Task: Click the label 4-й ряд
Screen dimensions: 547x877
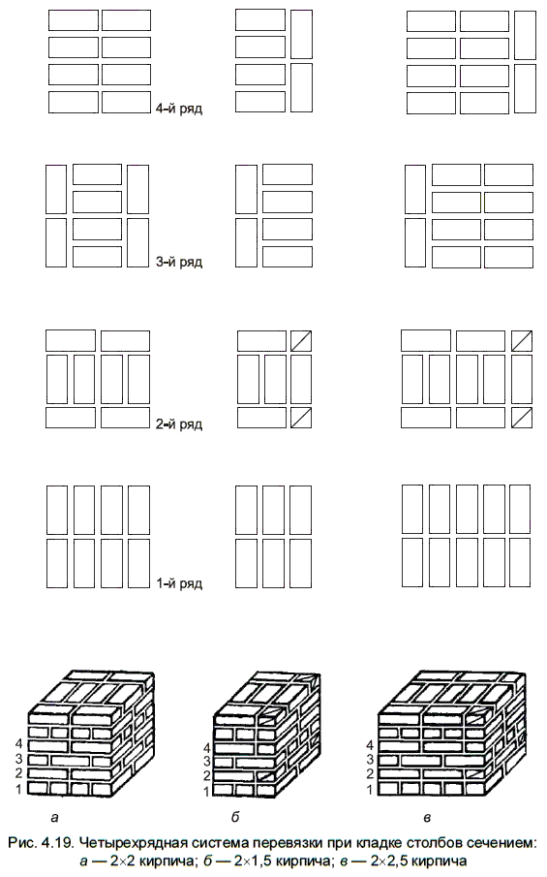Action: (179, 109)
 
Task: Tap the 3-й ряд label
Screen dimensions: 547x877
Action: (179, 262)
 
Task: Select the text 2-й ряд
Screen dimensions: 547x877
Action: (179, 423)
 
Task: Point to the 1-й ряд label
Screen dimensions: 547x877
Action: (179, 583)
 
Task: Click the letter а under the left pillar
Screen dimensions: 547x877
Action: (54, 818)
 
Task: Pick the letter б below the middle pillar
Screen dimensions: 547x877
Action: (235, 817)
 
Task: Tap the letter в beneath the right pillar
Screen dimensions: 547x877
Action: (427, 818)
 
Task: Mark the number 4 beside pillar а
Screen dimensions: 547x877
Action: (19, 744)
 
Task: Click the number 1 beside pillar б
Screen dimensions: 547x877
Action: (206, 792)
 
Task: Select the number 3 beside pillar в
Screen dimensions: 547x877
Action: (369, 760)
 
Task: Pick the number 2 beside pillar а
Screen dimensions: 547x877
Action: (19, 774)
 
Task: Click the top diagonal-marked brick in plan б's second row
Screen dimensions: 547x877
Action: (301, 340)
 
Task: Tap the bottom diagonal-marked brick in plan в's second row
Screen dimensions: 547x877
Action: (521, 418)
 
